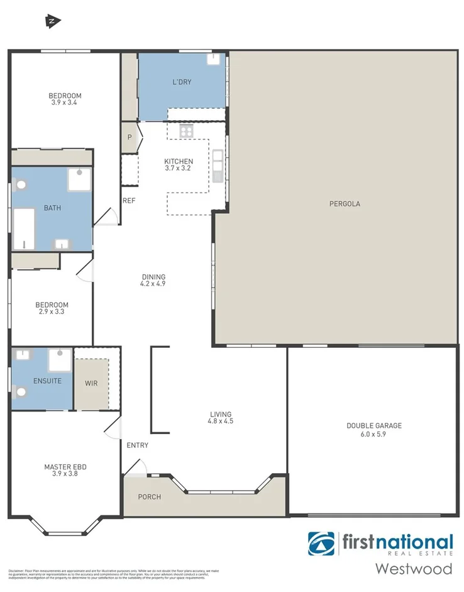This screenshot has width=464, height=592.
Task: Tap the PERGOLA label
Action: click(345, 203)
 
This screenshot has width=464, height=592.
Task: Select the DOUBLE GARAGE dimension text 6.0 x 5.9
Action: click(373, 434)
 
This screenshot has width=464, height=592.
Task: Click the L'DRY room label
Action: click(182, 82)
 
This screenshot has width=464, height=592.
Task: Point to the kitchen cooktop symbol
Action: click(186, 131)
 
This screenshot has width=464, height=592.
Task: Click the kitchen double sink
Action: click(218, 165)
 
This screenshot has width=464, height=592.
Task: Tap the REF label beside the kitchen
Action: click(129, 201)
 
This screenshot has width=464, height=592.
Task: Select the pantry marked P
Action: click(130, 137)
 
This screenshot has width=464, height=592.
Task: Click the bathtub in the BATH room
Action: click(24, 228)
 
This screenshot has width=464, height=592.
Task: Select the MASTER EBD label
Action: click(65, 467)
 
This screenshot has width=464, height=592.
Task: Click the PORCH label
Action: click(150, 497)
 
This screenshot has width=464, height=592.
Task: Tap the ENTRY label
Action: click(137, 445)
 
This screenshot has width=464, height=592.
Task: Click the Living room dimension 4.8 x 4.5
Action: click(221, 422)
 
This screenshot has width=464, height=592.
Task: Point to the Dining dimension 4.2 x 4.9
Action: click(153, 284)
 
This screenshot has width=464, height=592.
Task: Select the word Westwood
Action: click(413, 569)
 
